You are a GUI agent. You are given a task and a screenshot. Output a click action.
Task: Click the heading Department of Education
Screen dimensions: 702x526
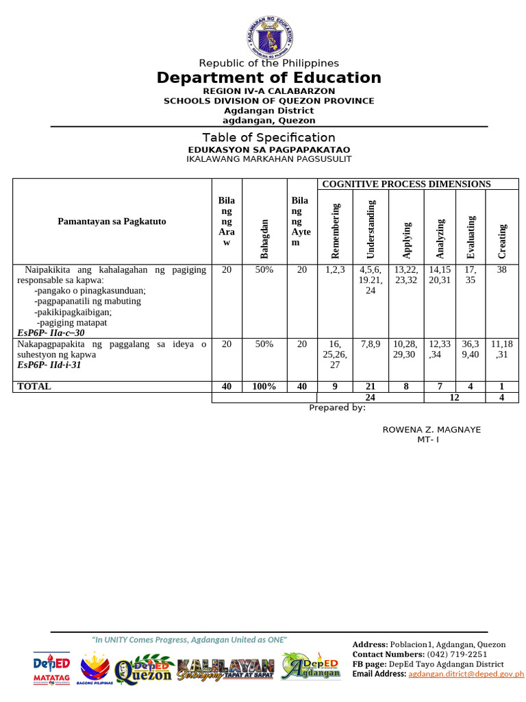(268, 77)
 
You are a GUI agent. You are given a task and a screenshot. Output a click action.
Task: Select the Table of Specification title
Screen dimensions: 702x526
(268, 137)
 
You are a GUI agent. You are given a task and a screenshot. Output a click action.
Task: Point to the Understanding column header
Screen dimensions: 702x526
(371, 226)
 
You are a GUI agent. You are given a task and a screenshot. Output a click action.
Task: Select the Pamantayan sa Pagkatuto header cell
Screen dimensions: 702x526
(112, 221)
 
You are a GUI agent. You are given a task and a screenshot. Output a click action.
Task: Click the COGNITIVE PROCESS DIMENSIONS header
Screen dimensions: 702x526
(406, 184)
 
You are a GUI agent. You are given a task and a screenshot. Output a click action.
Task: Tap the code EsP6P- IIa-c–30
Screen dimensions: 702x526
(51, 332)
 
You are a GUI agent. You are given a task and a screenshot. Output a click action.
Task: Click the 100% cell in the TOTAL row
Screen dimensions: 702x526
(264, 387)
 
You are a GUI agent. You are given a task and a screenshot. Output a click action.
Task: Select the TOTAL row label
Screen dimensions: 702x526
(34, 387)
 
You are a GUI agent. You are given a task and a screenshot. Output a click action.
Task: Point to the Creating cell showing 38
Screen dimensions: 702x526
(502, 270)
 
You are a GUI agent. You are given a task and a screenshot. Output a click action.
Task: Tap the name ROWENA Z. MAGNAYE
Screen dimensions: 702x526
(431, 430)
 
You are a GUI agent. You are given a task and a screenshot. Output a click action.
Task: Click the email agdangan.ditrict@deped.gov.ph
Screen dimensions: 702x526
(466, 675)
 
